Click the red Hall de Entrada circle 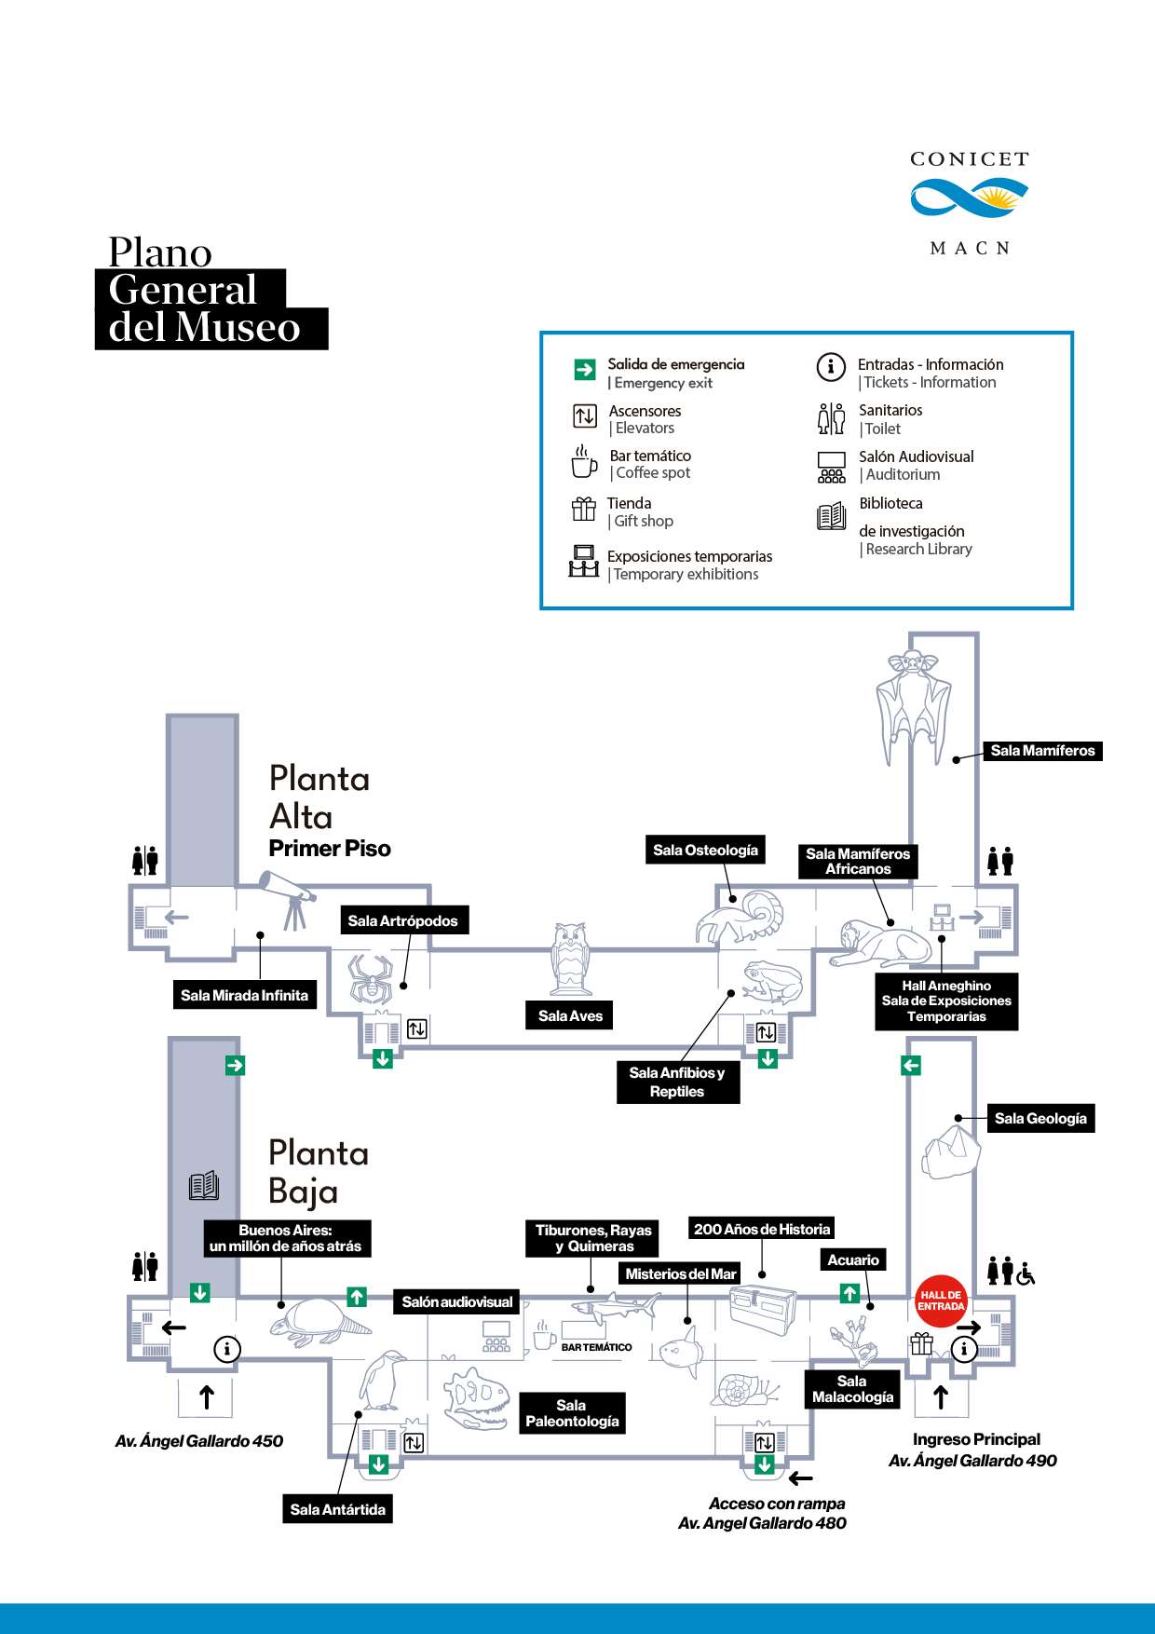coord(941,1300)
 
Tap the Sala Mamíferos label coord(1042,751)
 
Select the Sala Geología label coord(1040,1119)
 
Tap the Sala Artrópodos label coord(402,920)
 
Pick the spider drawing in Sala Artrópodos coord(370,977)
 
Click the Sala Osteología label coord(705,850)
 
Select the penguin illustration coord(383,1380)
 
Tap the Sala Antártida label coord(337,1509)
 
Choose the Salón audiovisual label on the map coord(456,1302)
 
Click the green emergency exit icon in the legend coord(585,370)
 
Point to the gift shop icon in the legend coord(584,509)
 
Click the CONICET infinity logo coord(969,197)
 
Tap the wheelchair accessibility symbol coord(1026,1273)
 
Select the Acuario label coord(852,1260)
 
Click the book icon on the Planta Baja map coord(204,1185)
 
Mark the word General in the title coord(183,290)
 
